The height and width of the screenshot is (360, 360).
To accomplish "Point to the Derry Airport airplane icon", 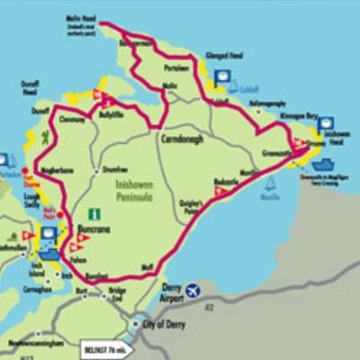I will pos(193,292).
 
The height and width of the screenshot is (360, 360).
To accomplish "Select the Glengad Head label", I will pos(222,55).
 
